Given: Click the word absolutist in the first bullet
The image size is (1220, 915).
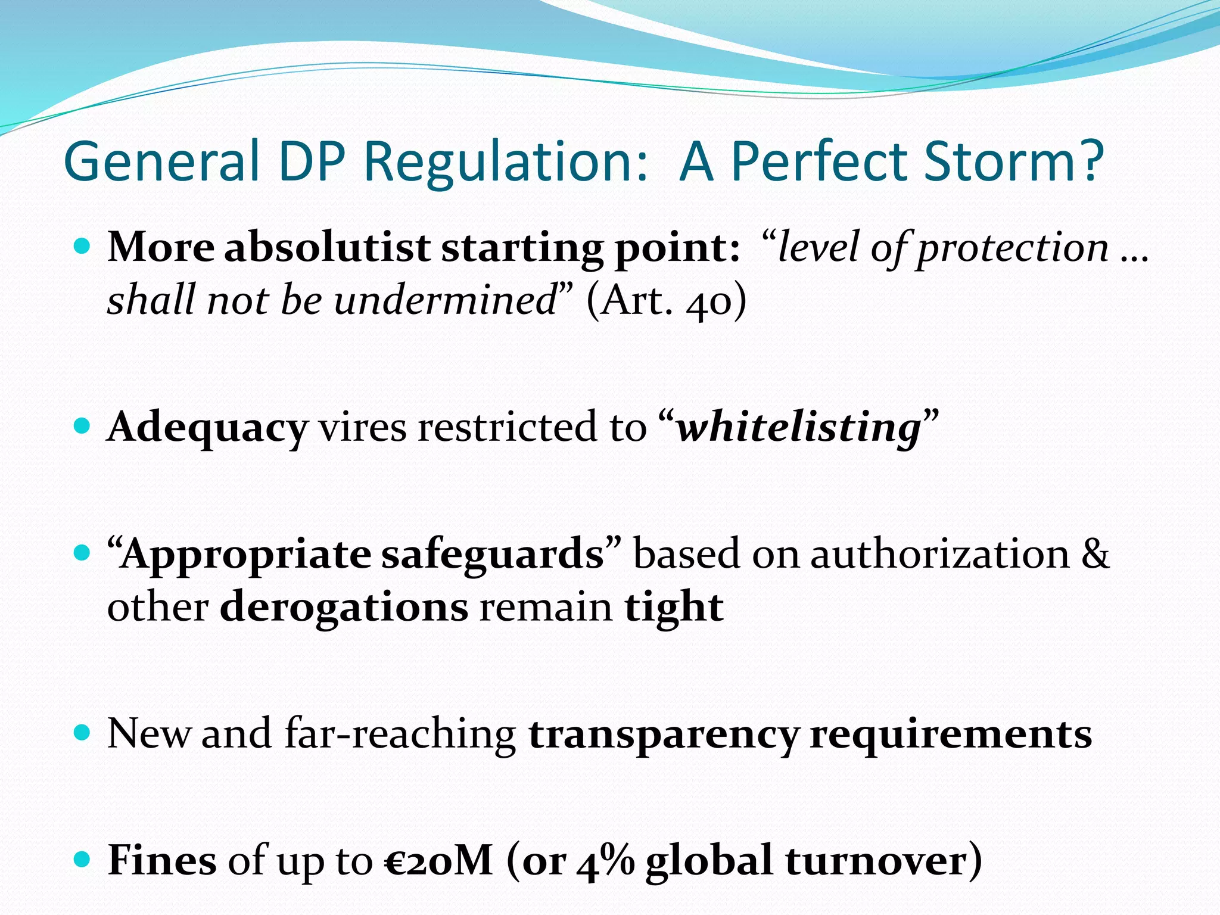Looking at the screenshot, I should (327, 247).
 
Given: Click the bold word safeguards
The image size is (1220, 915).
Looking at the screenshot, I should (493, 554).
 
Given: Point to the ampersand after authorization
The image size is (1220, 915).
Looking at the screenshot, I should (1095, 554).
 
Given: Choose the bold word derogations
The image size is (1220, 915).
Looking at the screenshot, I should (344, 607).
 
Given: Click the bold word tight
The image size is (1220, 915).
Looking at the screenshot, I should (674, 607).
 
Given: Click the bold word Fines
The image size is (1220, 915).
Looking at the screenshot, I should (162, 860).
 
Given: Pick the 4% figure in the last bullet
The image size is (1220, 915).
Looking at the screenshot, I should (605, 860).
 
